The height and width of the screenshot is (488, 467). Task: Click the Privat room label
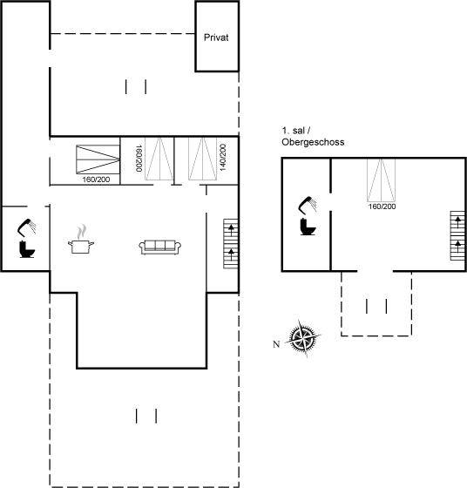pos(216,37)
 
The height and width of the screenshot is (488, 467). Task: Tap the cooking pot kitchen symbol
pos(81,241)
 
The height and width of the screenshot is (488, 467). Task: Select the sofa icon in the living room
pos(160,247)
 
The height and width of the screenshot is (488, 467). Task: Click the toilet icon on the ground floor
pos(27,249)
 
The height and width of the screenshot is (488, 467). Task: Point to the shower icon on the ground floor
pos(26,227)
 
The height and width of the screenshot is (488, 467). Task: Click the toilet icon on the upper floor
pos(308,227)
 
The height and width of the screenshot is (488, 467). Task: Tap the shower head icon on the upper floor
pos(308,205)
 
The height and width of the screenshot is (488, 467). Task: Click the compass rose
pos(303,338)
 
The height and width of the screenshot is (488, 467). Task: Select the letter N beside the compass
pos(276,344)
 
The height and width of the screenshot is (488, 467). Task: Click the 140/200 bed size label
pos(223,157)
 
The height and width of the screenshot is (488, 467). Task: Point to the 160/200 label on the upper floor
pos(382,207)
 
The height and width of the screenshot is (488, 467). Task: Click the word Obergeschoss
pos(313,142)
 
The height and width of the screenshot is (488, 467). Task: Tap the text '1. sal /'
pos(296,131)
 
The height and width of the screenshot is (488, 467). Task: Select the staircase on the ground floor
pos(231,244)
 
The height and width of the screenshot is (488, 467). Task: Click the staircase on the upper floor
pos(457,235)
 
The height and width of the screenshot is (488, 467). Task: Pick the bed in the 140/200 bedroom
pos(202,159)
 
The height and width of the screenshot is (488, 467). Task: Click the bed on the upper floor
pos(381,180)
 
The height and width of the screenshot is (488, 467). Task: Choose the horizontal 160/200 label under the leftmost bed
pos(96,180)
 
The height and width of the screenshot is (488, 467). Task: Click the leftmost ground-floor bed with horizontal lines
pos(98,159)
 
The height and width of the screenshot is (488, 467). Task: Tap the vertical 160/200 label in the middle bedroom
pos(139,158)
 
